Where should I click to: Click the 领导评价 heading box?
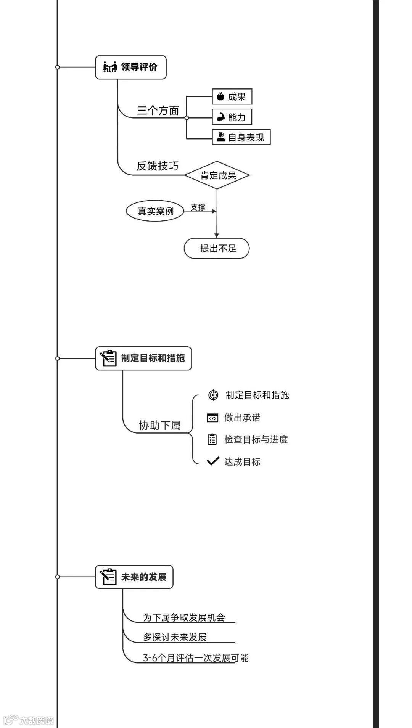pos(130,67)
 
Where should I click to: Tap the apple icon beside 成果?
pos(220,96)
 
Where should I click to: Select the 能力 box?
pos(232,117)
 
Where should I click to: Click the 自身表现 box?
pos(241,137)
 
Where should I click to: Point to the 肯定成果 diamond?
pos(217,175)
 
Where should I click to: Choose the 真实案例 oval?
pos(155,211)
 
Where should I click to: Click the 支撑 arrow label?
pos(198,207)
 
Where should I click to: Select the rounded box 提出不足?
pos(217,249)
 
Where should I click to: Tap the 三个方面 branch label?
pos(158,111)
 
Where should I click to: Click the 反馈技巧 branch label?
pos(158,166)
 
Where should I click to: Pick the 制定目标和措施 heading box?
pos(143,358)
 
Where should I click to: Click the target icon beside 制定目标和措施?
pos(213,395)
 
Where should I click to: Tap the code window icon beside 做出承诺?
pos(212,418)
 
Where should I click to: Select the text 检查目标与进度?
pos(256,439)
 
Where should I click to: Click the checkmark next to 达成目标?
pos(213,461)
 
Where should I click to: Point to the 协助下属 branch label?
pos(160,425)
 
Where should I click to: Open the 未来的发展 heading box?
pos(134,577)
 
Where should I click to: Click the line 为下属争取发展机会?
pos(184,617)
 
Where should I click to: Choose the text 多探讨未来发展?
pos(175,637)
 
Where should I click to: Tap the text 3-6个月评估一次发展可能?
pos(196,658)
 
